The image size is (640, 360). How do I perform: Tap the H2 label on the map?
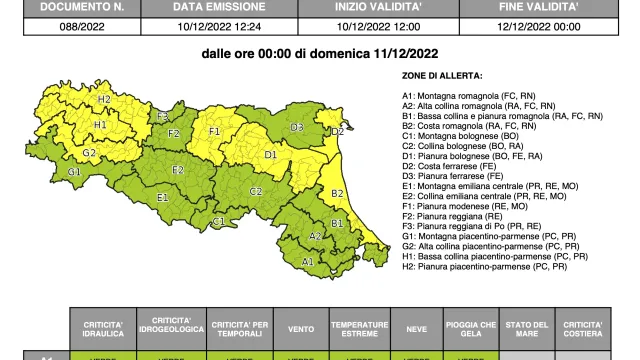104,100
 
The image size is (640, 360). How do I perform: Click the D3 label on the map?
297,127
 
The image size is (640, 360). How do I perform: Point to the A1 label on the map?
309,261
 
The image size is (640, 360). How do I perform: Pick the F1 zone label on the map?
214,131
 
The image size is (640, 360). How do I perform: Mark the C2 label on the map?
255,191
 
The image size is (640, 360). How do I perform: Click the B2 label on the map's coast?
337,194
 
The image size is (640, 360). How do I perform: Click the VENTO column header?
299,328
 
